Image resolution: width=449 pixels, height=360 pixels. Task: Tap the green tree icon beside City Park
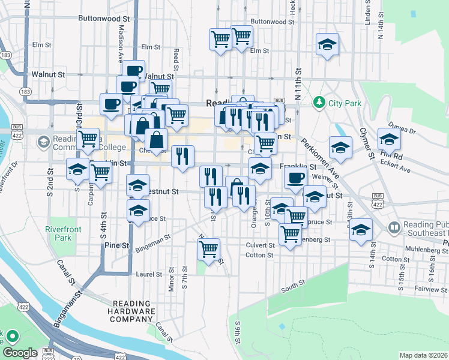click(x=319, y=103)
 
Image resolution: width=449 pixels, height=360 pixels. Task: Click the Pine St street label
click(x=116, y=245)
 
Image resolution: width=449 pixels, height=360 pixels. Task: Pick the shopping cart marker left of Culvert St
click(x=208, y=248)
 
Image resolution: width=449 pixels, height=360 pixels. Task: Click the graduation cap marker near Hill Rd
click(x=389, y=140)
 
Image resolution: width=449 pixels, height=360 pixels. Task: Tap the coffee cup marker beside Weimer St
click(x=295, y=178)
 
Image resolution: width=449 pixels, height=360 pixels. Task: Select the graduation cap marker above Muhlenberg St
click(x=361, y=229)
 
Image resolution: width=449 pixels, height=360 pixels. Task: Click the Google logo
click(x=20, y=353)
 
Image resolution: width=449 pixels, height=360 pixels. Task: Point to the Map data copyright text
click(x=423, y=355)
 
